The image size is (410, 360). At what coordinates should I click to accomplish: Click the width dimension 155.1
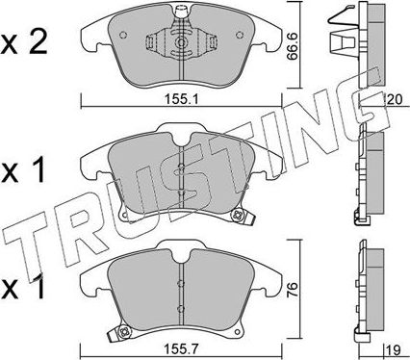click(x=181, y=100)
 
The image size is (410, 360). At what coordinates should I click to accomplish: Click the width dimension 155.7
click(x=181, y=349)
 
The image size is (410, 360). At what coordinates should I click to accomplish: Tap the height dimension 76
click(x=293, y=289)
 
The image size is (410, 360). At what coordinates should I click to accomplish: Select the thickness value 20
click(x=395, y=100)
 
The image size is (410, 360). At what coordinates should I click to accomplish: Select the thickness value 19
click(x=394, y=350)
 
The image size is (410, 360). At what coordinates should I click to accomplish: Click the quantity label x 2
click(x=24, y=44)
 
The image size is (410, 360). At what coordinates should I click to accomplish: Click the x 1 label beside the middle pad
click(x=22, y=172)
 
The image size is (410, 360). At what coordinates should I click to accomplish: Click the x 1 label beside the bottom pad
click(x=22, y=289)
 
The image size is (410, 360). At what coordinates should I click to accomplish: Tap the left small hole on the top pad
click(x=123, y=35)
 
